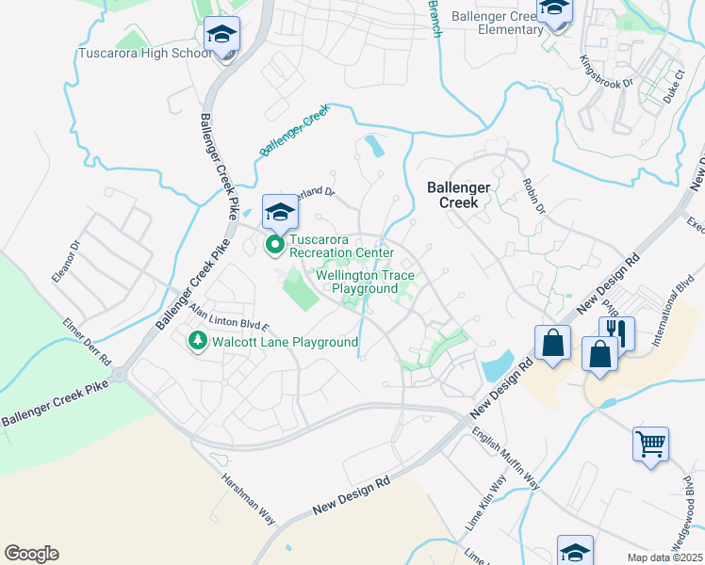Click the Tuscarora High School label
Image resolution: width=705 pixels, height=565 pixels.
[144, 53]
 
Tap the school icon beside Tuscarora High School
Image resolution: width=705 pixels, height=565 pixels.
[222, 36]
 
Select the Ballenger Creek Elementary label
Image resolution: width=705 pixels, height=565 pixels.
[498, 23]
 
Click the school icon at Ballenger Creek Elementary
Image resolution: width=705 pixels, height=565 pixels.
[554, 10]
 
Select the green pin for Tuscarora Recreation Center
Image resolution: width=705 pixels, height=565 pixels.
[275, 246]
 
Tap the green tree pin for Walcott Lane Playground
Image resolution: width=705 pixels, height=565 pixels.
[197, 341]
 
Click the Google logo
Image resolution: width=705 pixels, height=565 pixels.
[31, 554]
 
